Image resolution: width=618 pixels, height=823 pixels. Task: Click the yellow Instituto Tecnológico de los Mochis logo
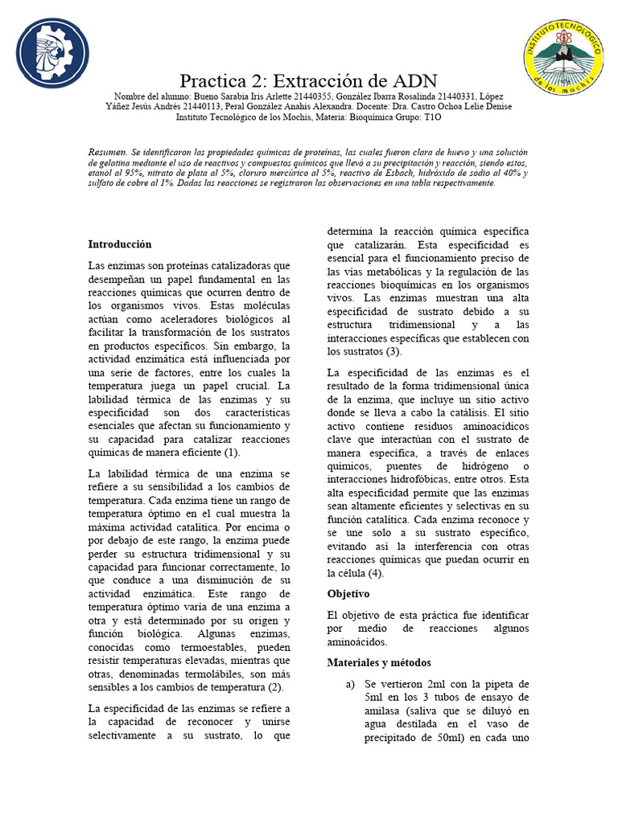(563, 55)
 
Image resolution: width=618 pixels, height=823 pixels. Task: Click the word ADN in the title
(414, 81)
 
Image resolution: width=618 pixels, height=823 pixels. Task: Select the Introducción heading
(119, 244)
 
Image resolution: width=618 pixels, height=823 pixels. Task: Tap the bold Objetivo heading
(348, 593)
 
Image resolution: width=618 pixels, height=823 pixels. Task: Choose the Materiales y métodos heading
(379, 662)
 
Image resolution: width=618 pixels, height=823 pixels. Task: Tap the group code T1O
(433, 117)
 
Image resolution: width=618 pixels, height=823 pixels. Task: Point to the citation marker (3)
(393, 351)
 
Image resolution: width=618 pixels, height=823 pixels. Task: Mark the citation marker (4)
(375, 573)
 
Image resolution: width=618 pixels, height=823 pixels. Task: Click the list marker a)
(349, 684)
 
